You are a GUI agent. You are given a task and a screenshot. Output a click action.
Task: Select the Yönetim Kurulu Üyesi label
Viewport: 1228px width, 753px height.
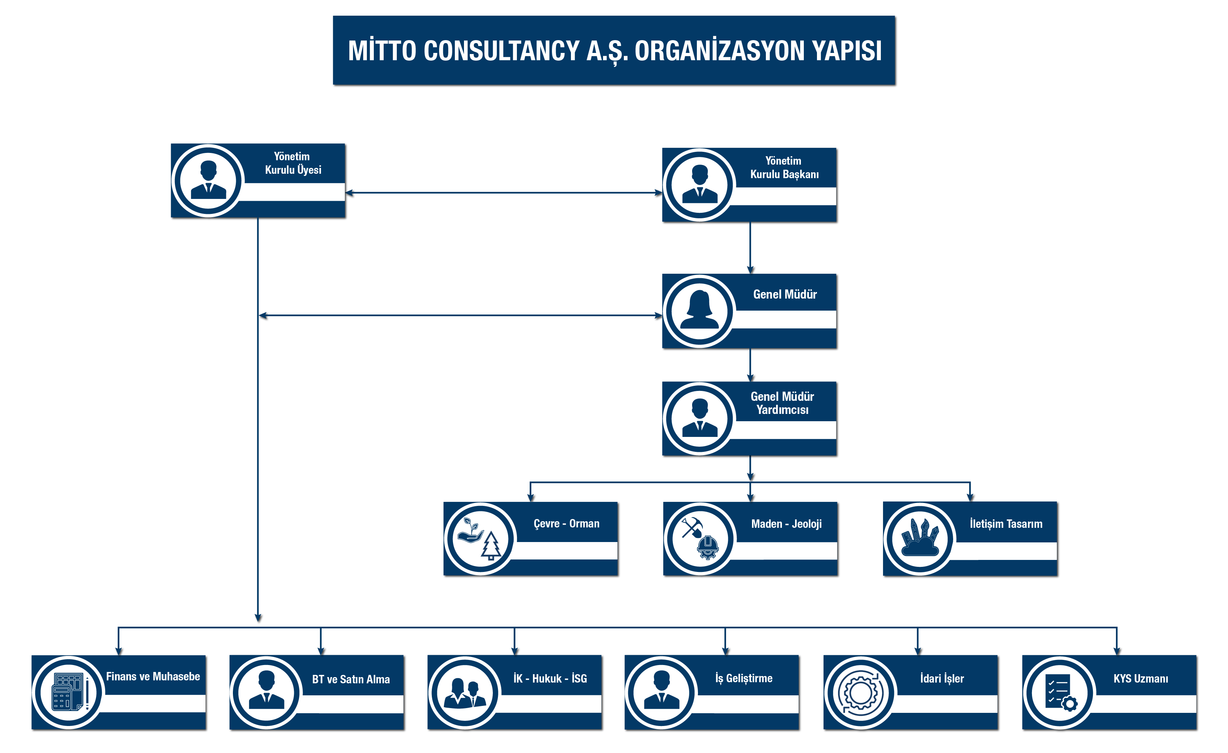click(x=293, y=163)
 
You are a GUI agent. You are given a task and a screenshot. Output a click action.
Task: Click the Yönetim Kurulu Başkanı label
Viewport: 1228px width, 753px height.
click(x=784, y=168)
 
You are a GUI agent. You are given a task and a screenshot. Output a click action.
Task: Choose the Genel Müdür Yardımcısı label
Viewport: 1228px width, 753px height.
click(x=782, y=403)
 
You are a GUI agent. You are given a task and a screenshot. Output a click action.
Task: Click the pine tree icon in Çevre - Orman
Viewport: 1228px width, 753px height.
click(x=491, y=546)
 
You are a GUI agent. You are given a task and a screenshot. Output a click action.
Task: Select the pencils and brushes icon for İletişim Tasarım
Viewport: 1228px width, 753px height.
click(x=920, y=538)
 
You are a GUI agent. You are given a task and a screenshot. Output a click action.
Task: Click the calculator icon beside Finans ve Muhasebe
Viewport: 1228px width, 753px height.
click(x=70, y=692)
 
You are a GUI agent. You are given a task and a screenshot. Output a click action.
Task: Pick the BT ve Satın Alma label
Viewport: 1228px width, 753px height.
click(x=351, y=679)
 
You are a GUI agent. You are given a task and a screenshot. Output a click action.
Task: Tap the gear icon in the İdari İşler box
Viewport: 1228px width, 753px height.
click(x=860, y=693)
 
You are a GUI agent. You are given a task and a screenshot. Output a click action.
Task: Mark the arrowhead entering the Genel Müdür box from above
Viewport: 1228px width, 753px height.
click(x=750, y=270)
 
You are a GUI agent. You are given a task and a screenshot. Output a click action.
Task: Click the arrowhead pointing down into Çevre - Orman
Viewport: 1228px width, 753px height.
click(x=530, y=497)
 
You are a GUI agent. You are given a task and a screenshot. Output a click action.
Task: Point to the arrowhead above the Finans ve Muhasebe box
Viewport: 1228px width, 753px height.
click(x=119, y=651)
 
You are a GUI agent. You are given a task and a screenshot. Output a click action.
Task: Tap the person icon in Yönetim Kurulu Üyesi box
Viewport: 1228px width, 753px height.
click(x=208, y=180)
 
